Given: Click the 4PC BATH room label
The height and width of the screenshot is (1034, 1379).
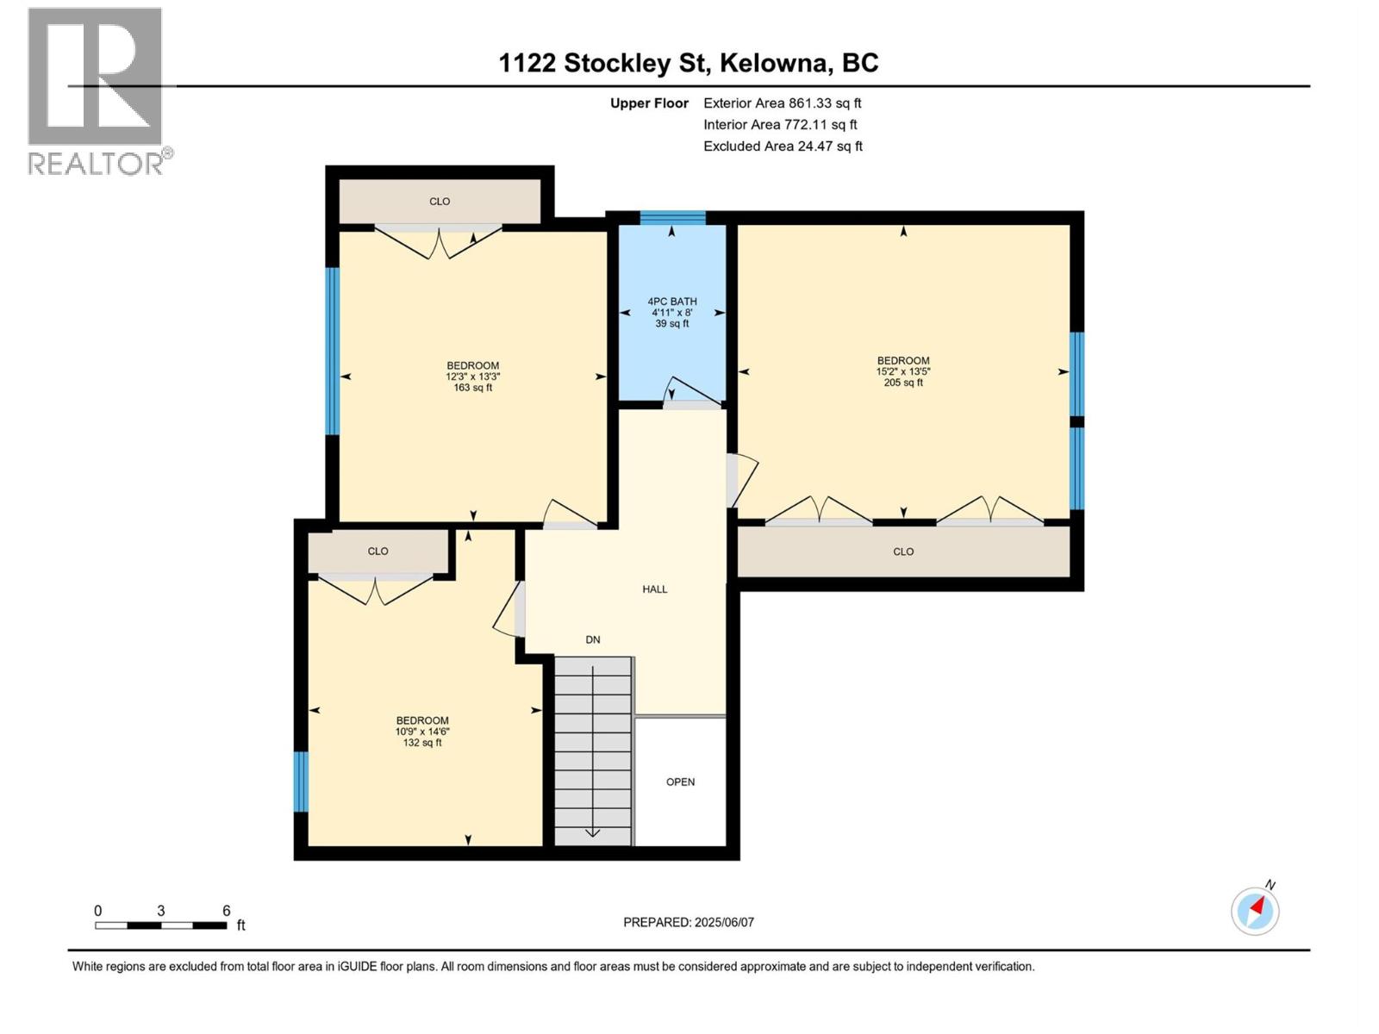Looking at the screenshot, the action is (x=672, y=302).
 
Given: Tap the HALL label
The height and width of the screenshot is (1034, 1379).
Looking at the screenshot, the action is (x=655, y=589).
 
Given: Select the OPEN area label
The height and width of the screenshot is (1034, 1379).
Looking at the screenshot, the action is (x=680, y=782).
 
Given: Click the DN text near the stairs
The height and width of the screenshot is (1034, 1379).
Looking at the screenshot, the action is (x=593, y=639).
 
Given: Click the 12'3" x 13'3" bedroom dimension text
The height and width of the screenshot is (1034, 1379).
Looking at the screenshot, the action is (x=472, y=377).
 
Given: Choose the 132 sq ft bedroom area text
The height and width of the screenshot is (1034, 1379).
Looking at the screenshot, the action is (x=422, y=743).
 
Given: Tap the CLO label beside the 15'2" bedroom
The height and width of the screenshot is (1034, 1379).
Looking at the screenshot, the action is (x=903, y=551).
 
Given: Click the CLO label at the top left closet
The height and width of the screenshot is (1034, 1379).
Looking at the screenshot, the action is (x=440, y=202).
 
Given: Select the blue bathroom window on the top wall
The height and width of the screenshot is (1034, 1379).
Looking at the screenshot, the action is (x=672, y=217).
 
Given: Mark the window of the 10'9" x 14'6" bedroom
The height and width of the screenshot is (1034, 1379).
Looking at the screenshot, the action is (x=301, y=782).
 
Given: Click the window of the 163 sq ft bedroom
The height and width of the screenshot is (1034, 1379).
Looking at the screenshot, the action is (x=332, y=351).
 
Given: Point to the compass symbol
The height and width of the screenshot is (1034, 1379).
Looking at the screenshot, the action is (x=1255, y=911).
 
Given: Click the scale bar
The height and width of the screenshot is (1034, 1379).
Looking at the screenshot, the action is (x=161, y=925).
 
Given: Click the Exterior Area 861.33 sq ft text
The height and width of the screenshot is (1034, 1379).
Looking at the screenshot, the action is (x=783, y=103).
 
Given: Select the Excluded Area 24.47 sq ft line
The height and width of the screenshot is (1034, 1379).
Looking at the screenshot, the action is (x=783, y=146).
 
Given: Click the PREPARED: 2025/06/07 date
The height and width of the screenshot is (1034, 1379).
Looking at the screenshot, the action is (x=689, y=922).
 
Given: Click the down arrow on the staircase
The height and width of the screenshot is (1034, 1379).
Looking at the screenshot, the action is (x=593, y=832).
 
